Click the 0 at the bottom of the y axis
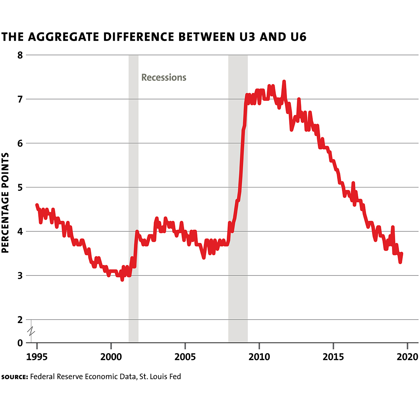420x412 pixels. (20, 343)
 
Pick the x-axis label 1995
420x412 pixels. (37, 357)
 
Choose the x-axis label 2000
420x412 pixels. (111, 357)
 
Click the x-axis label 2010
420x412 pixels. (259, 357)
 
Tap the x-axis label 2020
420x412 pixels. (407, 357)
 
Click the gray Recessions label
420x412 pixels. (164, 77)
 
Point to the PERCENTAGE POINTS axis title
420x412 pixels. (5, 203)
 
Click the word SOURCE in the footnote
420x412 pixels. (14, 377)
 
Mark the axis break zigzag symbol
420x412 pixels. (31, 330)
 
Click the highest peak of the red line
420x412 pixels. (284, 82)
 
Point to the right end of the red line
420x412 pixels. (401, 253)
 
